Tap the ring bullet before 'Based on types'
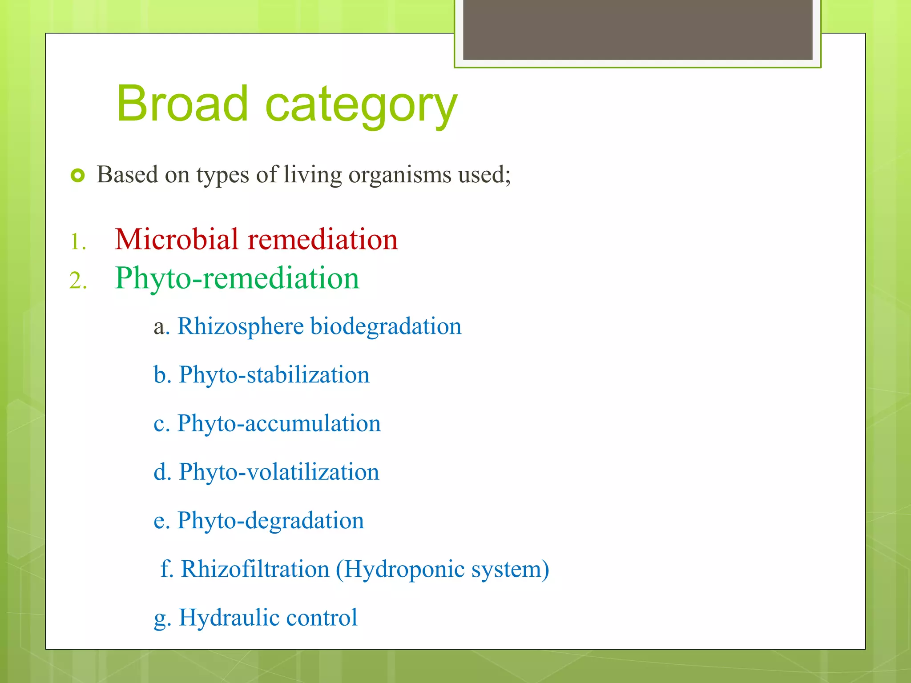click(x=77, y=176)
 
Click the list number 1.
click(x=77, y=242)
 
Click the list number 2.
click(x=77, y=281)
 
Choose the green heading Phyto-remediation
click(x=237, y=278)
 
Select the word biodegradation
click(x=386, y=326)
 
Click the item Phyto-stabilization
click(x=274, y=375)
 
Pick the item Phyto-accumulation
click(x=279, y=423)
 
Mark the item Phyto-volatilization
click(x=279, y=472)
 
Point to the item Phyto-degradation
click(x=270, y=520)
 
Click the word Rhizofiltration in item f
click(x=255, y=569)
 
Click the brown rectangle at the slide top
click(x=637, y=29)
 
